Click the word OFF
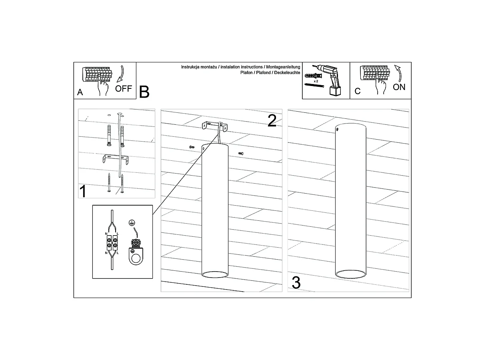123,88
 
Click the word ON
399,87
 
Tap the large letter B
144,92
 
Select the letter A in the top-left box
80,92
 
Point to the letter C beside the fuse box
358,91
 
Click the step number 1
83,191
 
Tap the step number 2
272,120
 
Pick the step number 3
296,283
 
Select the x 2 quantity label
316,81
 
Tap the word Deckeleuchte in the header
287,72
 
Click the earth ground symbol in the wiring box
132,223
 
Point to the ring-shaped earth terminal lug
136,257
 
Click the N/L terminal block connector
112,243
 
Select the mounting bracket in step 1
116,159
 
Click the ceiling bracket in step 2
214,126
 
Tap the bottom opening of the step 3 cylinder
350,274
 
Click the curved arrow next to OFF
121,74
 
